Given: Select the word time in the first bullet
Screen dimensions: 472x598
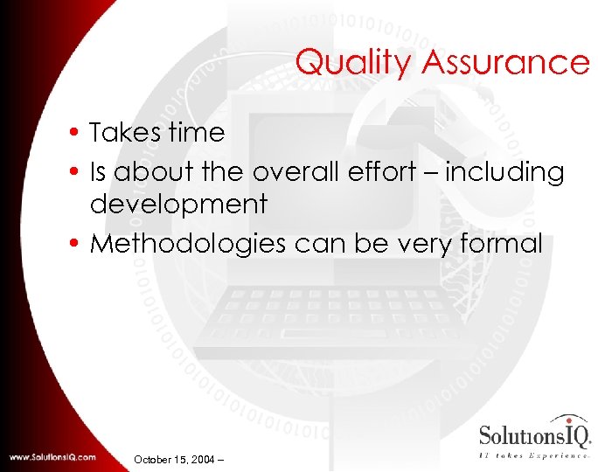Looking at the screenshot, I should click(x=198, y=133).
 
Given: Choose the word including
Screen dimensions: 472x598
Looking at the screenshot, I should click(x=504, y=173).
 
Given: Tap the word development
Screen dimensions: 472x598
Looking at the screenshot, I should click(x=178, y=205).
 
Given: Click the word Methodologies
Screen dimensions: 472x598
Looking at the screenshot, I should click(x=188, y=243).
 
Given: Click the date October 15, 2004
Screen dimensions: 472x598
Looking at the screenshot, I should click(x=176, y=458).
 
